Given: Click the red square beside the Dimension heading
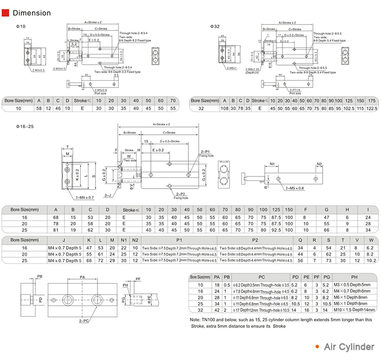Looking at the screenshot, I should pos(7,13).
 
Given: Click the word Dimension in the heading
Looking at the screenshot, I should pos(31,13).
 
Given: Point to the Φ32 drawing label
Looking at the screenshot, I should pos(215,25).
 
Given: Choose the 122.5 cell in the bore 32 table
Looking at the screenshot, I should pos(372,108).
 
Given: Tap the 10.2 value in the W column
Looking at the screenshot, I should pos(371,261).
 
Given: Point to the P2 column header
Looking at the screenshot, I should pos(255,239).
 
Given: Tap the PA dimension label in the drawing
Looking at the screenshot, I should pos(82,278).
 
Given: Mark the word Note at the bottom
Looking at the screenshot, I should pos(195,319).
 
